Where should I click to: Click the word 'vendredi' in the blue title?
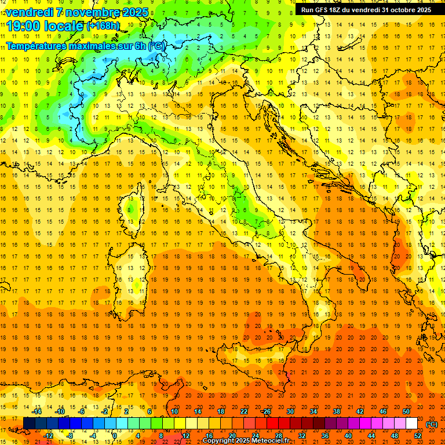tap(29, 12)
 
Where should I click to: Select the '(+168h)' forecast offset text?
tap(103, 26)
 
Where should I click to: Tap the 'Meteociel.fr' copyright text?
tap(270, 441)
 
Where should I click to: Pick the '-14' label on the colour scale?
tap(37, 411)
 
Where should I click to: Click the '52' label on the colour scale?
tap(418, 436)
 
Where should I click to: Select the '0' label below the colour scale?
tap(115, 436)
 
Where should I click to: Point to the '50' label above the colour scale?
tap(406, 411)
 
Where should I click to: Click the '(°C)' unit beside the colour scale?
tap(432, 424)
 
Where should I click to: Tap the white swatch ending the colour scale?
tap(411, 424)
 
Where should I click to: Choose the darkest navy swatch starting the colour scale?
tap(29, 424)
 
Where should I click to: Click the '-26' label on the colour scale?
tap(266, 411)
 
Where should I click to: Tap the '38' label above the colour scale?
tap(336, 411)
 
